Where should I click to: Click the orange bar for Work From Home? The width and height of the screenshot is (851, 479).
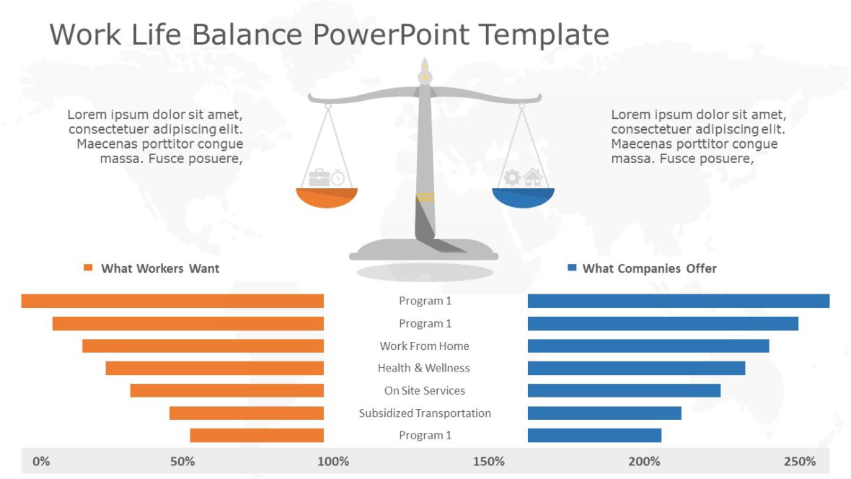(203, 346)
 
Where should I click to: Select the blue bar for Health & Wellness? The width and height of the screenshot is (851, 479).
(636, 368)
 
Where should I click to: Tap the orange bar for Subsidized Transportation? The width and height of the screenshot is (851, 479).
(247, 413)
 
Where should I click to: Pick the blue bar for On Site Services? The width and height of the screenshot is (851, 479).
(624, 390)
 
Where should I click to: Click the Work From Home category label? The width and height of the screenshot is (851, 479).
(424, 346)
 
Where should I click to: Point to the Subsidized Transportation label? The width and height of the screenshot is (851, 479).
(425, 413)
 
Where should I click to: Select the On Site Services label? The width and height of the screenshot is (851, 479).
(424, 390)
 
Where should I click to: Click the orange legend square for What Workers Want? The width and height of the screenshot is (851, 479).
(89, 268)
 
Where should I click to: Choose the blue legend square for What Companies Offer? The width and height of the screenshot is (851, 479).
(572, 268)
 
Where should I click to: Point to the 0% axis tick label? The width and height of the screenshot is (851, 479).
(42, 461)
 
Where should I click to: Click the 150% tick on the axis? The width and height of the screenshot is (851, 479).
(489, 461)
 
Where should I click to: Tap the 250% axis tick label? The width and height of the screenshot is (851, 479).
(800, 461)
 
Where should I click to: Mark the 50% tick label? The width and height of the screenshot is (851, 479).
(182, 461)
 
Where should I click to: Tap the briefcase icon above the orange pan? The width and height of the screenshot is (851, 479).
(318, 177)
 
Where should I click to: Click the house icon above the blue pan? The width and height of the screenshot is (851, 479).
(532, 177)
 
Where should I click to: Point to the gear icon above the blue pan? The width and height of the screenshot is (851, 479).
(512, 177)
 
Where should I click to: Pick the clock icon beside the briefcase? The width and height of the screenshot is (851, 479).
(338, 177)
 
